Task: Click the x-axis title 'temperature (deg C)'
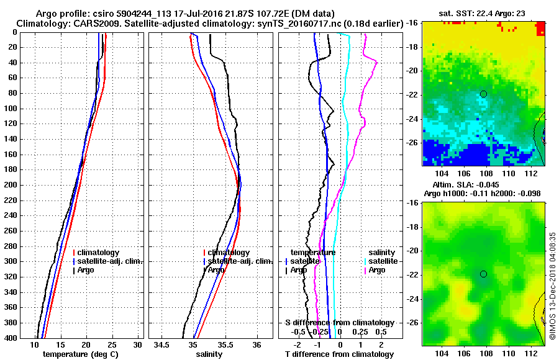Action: [81, 354]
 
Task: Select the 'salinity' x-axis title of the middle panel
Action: [211, 354]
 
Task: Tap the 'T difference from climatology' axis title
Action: [339, 354]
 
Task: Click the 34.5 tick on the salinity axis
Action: [163, 344]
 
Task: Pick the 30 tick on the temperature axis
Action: [138, 344]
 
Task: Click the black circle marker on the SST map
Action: [483, 94]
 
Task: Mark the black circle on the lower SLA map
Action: [483, 274]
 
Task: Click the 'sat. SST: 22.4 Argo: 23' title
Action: [482, 14]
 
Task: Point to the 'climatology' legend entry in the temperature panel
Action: [99, 253]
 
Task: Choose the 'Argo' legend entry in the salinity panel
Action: [216, 270]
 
